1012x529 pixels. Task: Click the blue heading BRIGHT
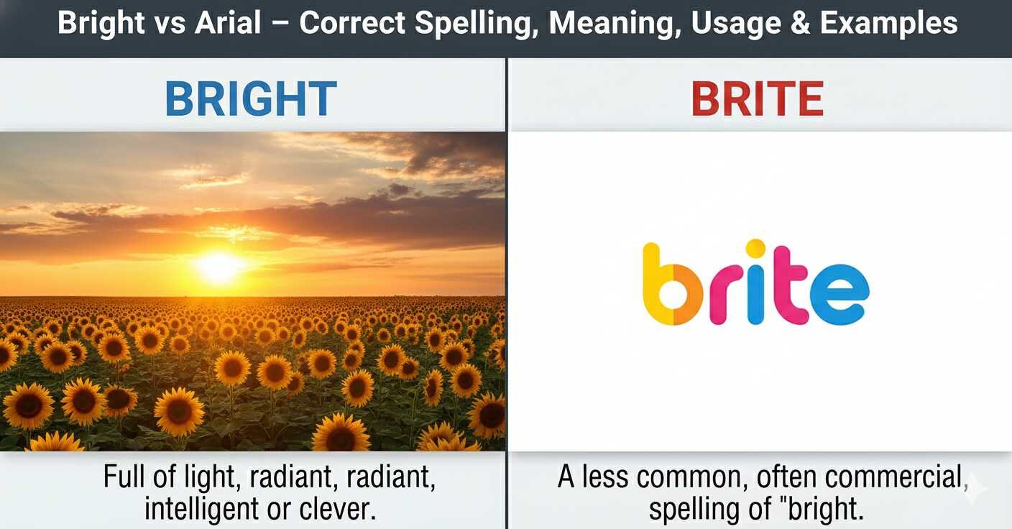pyautogui.click(x=251, y=98)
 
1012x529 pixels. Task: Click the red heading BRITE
pyautogui.click(x=757, y=98)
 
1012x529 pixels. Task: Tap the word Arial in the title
pyautogui.click(x=228, y=22)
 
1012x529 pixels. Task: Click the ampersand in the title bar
pyautogui.click(x=801, y=23)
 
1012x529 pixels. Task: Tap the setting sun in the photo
pyautogui.click(x=220, y=267)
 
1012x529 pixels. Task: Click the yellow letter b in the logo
pyautogui.click(x=672, y=284)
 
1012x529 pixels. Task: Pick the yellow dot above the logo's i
pyautogui.click(x=755, y=248)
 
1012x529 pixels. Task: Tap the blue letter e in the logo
pyautogui.click(x=839, y=295)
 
